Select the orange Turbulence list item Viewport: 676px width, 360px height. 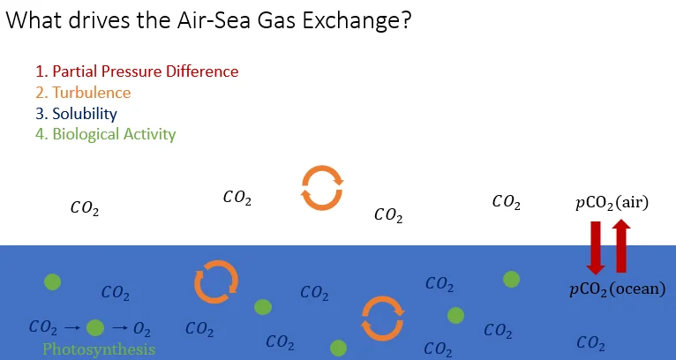[x=91, y=93]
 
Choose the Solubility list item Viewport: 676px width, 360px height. [x=85, y=114]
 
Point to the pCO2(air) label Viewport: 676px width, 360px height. [x=612, y=203]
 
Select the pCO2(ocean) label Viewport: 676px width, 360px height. [x=616, y=289]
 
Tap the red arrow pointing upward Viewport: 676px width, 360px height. [x=620, y=246]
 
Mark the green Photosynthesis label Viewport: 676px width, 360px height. [x=99, y=349]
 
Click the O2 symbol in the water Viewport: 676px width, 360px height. [x=142, y=328]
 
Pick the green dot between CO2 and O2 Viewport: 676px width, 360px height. [x=95, y=328]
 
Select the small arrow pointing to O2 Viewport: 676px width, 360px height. [x=120, y=328]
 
